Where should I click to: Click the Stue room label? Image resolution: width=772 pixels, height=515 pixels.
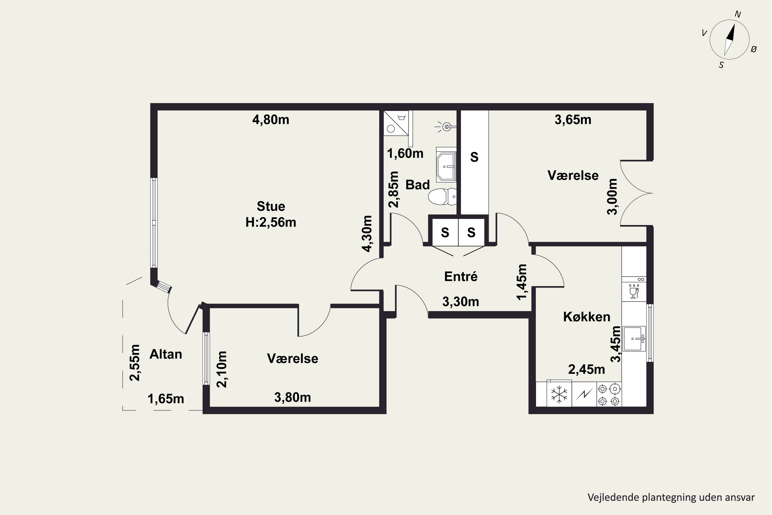(x=271, y=206)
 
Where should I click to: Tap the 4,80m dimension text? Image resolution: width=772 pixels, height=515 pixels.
(x=271, y=119)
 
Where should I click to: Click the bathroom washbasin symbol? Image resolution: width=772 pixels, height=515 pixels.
(x=446, y=165)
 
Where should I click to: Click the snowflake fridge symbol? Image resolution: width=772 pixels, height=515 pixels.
(x=559, y=394)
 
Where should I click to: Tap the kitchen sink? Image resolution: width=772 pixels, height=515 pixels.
(x=634, y=339)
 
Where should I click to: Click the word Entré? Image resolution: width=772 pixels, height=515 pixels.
(x=461, y=277)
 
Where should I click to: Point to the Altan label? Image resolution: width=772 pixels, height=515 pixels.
(x=166, y=354)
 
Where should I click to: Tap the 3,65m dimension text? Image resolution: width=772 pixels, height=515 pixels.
(x=573, y=119)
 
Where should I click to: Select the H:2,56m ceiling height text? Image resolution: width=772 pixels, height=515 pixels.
(x=271, y=222)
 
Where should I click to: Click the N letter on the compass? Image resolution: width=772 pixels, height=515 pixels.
(x=738, y=14)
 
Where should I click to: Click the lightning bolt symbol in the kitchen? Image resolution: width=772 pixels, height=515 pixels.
(x=584, y=394)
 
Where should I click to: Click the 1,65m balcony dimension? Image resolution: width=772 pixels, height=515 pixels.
(x=166, y=399)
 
